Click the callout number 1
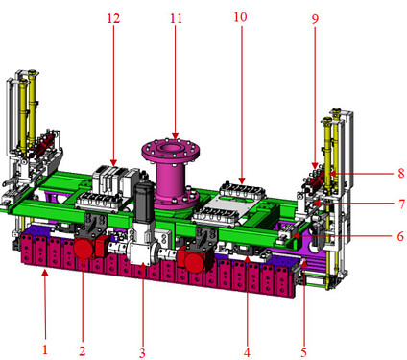(45, 349)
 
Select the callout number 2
(83, 351)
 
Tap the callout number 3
(142, 353)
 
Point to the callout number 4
(247, 352)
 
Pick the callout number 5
(303, 352)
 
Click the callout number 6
(400, 236)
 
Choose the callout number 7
(401, 204)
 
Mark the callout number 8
(401, 174)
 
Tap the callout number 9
(315, 19)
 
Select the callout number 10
(240, 16)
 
